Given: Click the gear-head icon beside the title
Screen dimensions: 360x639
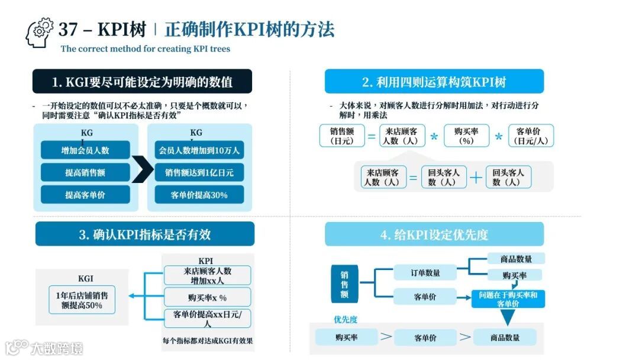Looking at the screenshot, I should [39, 33].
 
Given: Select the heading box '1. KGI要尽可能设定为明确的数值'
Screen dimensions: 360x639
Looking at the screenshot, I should [142, 82].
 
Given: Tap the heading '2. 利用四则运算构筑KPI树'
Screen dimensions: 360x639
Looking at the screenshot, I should [434, 82].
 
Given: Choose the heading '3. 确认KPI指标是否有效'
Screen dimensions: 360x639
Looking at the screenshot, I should [145, 234].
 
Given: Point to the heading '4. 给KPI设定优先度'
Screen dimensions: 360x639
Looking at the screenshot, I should [434, 234].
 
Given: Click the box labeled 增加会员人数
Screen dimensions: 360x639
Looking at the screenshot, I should [85, 150].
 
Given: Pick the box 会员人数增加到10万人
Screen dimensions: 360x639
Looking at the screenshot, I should [199, 150].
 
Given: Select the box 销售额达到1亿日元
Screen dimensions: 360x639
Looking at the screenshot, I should [199, 172].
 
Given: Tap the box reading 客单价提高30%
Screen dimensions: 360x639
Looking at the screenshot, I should [199, 195].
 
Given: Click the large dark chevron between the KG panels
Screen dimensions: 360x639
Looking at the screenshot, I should [142, 169].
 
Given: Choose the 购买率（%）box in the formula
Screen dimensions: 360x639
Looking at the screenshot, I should [467, 136].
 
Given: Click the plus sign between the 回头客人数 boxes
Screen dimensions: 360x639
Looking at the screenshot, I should [476, 177].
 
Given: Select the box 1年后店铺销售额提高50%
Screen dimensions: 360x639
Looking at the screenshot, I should [82, 300].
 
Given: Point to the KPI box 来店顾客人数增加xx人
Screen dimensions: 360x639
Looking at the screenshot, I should [207, 275].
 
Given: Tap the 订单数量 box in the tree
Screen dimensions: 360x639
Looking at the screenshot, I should [425, 273].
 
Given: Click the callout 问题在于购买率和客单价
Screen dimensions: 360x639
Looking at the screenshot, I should [508, 299].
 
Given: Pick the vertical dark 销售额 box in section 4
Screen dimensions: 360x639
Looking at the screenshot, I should [344, 285].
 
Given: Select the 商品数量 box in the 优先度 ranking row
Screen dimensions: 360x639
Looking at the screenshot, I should [504, 337].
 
